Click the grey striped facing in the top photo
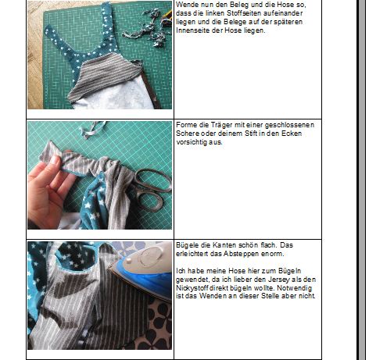(106, 76)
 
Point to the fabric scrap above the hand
(92, 129)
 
